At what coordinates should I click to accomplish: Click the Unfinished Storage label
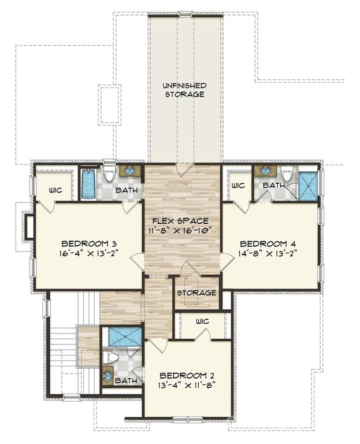click(184, 90)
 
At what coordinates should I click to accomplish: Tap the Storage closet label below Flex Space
click(196, 293)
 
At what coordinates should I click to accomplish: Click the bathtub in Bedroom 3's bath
click(88, 183)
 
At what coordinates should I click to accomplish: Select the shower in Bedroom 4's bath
click(309, 186)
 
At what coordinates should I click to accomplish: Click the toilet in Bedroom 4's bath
click(287, 173)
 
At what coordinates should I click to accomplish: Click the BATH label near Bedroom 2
click(126, 381)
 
